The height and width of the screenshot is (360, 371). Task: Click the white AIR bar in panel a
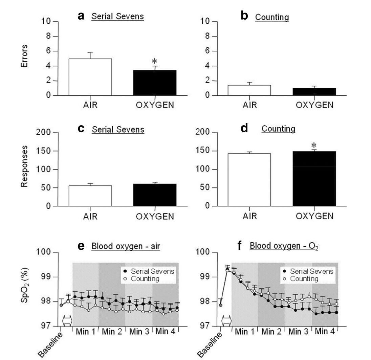90,77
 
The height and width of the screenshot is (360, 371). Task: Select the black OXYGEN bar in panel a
155,83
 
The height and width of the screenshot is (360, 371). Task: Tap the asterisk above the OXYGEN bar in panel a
155,62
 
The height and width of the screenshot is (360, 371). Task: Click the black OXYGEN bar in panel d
314,179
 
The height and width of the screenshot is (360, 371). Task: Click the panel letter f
241,246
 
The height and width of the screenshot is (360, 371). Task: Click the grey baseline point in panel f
220,305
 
